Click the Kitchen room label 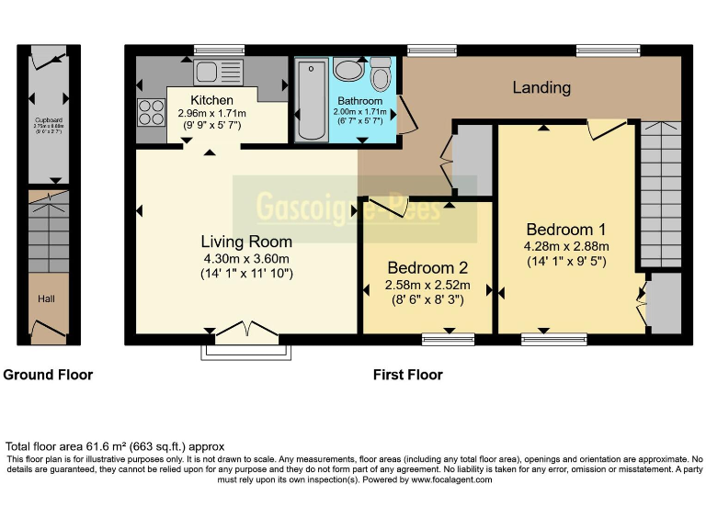(x=211, y=99)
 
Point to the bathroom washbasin (x=349, y=71)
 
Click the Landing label (x=541, y=88)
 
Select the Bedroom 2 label (x=427, y=268)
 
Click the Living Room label (x=246, y=242)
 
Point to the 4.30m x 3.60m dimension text (x=246, y=258)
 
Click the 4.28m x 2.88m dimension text (x=566, y=246)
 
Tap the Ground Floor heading (x=48, y=375)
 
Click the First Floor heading (x=407, y=375)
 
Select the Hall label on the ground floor (x=46, y=299)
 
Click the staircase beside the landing (x=660, y=193)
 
